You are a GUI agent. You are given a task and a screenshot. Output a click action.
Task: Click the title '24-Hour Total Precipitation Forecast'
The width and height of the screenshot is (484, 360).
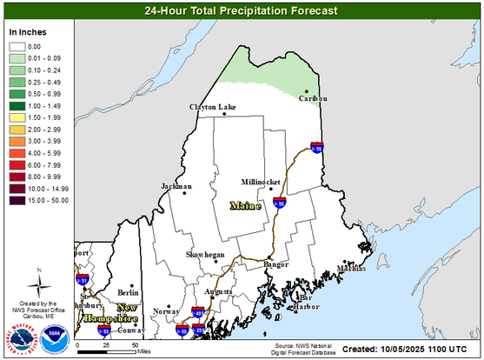pyautogui.click(x=242, y=11)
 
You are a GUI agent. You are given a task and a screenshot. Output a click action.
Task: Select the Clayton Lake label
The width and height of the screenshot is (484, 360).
pyautogui.click(x=213, y=107)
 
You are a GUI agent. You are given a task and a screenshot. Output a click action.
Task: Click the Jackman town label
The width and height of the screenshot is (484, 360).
pyautogui.click(x=176, y=187)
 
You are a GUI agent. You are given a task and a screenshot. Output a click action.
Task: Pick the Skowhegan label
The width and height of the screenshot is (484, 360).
pyautogui.click(x=206, y=254)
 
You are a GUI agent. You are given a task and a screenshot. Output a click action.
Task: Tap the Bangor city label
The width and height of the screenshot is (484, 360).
pyautogui.click(x=276, y=263)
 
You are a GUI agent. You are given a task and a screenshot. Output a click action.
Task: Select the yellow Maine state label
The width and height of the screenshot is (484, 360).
pyautogui.click(x=246, y=206)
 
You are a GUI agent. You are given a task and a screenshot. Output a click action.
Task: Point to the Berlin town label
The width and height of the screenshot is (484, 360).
pyautogui.click(x=129, y=293)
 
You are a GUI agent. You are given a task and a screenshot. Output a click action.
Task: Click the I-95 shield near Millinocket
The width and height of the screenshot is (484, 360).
pyautogui.click(x=279, y=203)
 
